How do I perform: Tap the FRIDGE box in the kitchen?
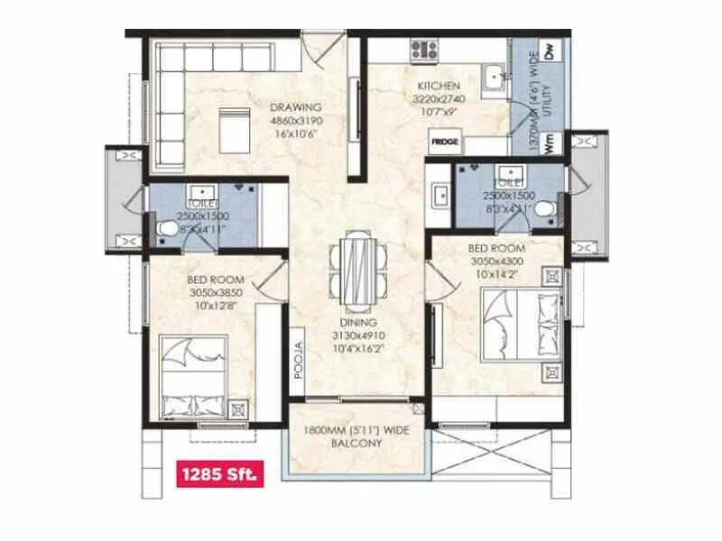pos(443,142)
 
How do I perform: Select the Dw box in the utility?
pos(551,50)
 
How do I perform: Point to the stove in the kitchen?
pos(423,50)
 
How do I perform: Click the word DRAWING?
pos(297,107)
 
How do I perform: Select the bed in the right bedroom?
pos(514,322)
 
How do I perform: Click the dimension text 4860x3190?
pos(297,121)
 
